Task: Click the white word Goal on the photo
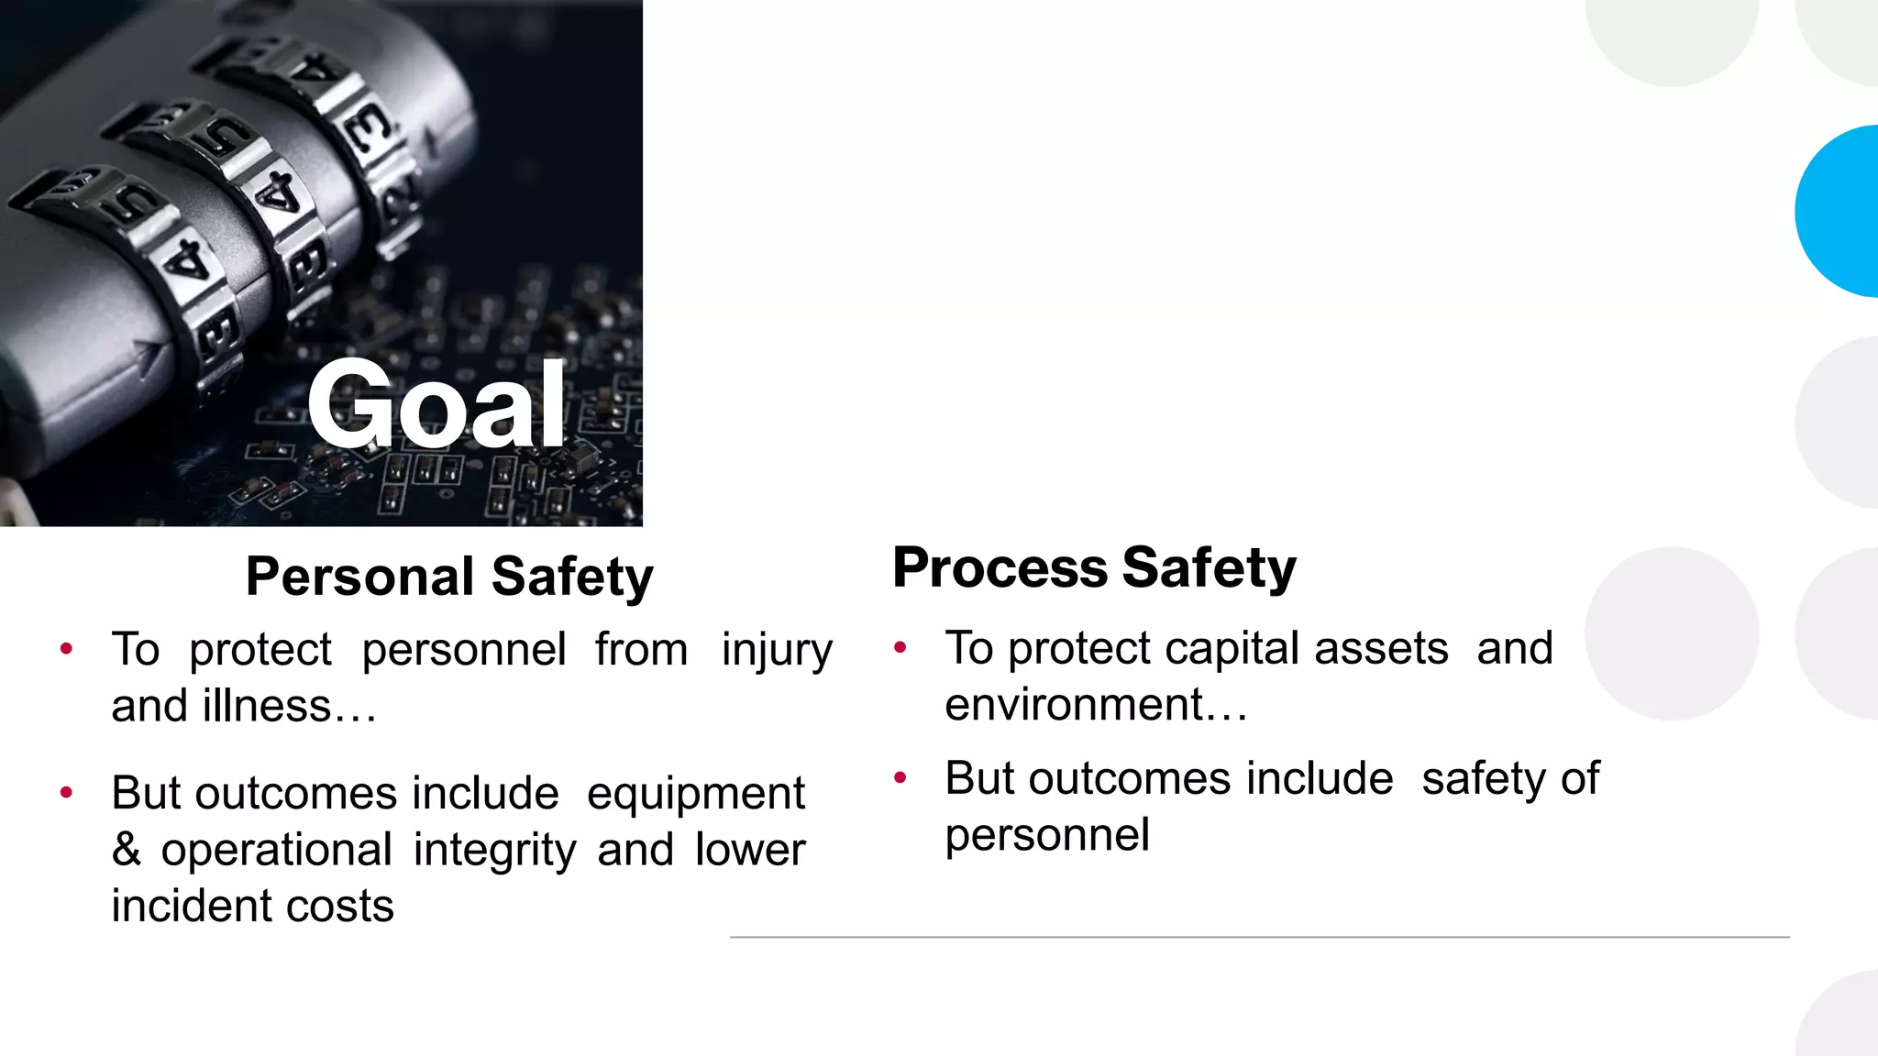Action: tap(436, 404)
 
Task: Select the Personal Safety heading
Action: tap(449, 577)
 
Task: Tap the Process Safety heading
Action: tap(1094, 567)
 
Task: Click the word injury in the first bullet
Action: tap(777, 651)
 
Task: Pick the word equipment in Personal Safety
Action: tap(695, 795)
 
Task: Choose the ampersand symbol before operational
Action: tap(127, 850)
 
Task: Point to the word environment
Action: tap(1074, 705)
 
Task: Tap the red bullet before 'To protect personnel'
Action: tap(66, 650)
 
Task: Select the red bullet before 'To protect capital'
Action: tap(900, 648)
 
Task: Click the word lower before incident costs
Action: tap(750, 850)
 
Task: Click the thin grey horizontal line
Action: tap(1259, 937)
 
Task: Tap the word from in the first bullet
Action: tap(641, 650)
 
